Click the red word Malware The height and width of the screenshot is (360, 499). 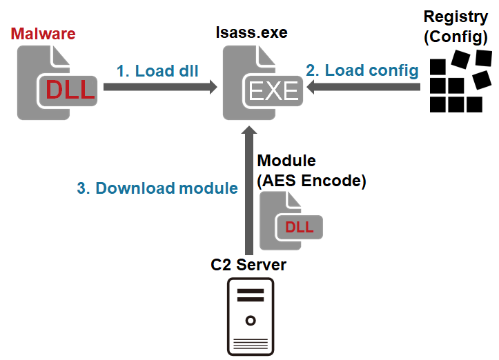point(43,34)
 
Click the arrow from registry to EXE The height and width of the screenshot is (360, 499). point(365,87)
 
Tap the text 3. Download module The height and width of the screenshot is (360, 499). point(157,188)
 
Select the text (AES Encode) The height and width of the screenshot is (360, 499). point(311,181)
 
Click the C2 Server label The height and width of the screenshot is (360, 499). point(248,264)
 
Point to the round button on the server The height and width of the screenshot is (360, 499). point(251,321)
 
